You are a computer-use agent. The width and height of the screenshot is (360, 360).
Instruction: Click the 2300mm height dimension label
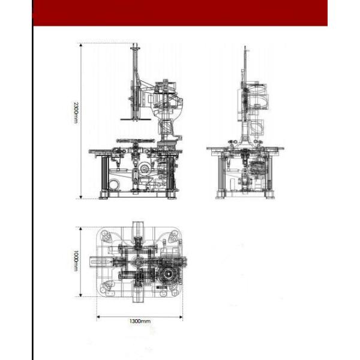76,112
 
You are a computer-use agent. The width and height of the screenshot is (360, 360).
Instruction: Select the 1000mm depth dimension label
76,260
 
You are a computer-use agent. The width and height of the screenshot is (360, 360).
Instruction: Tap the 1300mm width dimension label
140,321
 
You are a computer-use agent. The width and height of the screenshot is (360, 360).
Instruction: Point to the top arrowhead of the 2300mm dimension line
81,45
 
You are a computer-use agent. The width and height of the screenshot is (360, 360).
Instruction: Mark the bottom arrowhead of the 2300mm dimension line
81,197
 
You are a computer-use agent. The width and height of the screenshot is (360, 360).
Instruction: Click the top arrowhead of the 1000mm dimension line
80,229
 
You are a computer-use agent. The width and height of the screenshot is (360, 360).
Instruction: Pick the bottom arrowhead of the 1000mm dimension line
80,295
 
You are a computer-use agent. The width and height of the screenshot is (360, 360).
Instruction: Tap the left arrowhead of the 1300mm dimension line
98,317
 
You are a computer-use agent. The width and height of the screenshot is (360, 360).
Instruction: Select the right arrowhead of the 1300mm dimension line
181,317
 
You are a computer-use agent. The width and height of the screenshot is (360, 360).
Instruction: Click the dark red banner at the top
180,13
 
